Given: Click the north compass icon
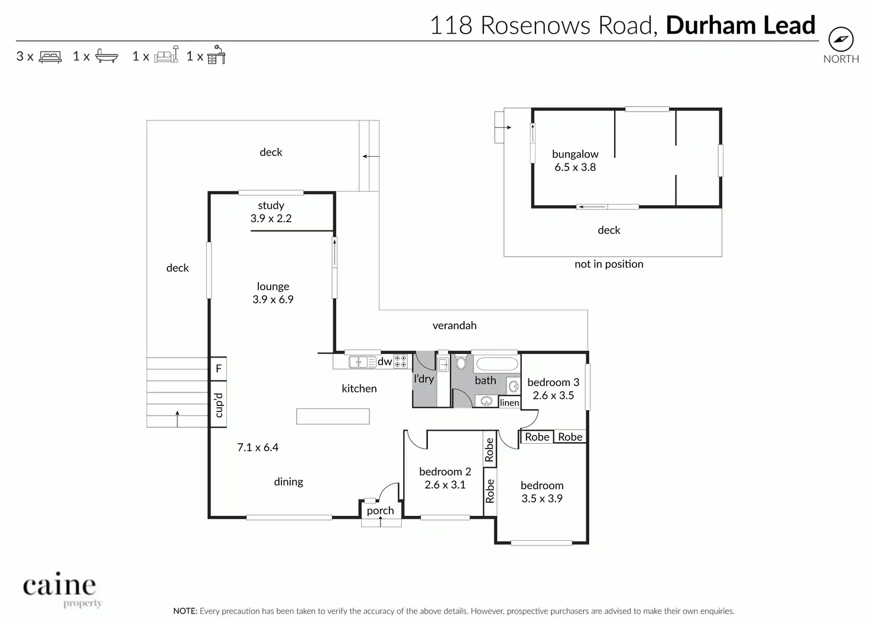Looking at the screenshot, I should tap(840, 40).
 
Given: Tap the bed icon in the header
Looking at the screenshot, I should tap(50, 57).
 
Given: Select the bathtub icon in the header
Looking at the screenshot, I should tap(106, 56).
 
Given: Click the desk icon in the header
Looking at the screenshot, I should tap(216, 55).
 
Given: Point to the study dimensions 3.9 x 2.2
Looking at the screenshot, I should tap(271, 219).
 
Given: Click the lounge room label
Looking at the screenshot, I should tap(272, 287).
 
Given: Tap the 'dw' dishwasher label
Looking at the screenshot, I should tap(385, 362).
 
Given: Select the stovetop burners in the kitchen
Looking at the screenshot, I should tap(400, 361).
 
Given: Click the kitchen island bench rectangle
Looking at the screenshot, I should tap(333, 416).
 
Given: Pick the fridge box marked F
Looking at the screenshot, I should tap(218, 369).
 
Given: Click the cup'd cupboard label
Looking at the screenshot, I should tap(218, 405).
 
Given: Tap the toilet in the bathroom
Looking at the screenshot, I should tap(461, 362).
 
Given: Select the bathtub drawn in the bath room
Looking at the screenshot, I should tap(496, 363).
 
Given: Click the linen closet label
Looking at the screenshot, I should tap(509, 403).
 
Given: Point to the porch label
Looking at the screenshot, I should tap(380, 511).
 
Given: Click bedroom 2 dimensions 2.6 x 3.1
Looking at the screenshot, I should tap(445, 485).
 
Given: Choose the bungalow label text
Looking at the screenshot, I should tap(575, 154).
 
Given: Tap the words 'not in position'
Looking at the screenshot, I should tap(609, 264).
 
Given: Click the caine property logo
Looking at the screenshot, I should tap(60, 589).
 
